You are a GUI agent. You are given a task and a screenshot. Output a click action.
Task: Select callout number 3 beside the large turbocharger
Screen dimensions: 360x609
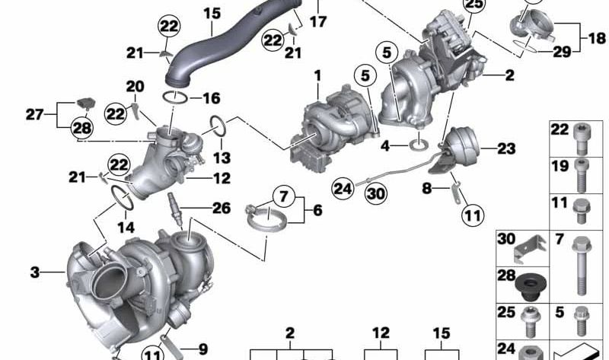(35, 272)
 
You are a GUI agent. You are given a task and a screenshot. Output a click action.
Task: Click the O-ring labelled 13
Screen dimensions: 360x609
(216, 125)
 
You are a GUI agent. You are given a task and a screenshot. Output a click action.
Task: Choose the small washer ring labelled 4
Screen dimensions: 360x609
(419, 143)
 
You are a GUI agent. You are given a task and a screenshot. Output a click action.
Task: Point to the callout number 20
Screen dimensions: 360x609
(135, 86)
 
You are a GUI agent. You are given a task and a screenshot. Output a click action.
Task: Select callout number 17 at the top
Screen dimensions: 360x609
(318, 21)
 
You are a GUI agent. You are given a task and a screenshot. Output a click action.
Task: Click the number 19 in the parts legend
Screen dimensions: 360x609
(560, 165)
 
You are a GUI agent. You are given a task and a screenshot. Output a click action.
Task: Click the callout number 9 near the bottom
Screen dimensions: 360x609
(202, 349)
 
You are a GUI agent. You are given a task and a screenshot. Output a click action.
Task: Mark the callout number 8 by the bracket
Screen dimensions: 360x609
(428, 186)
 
